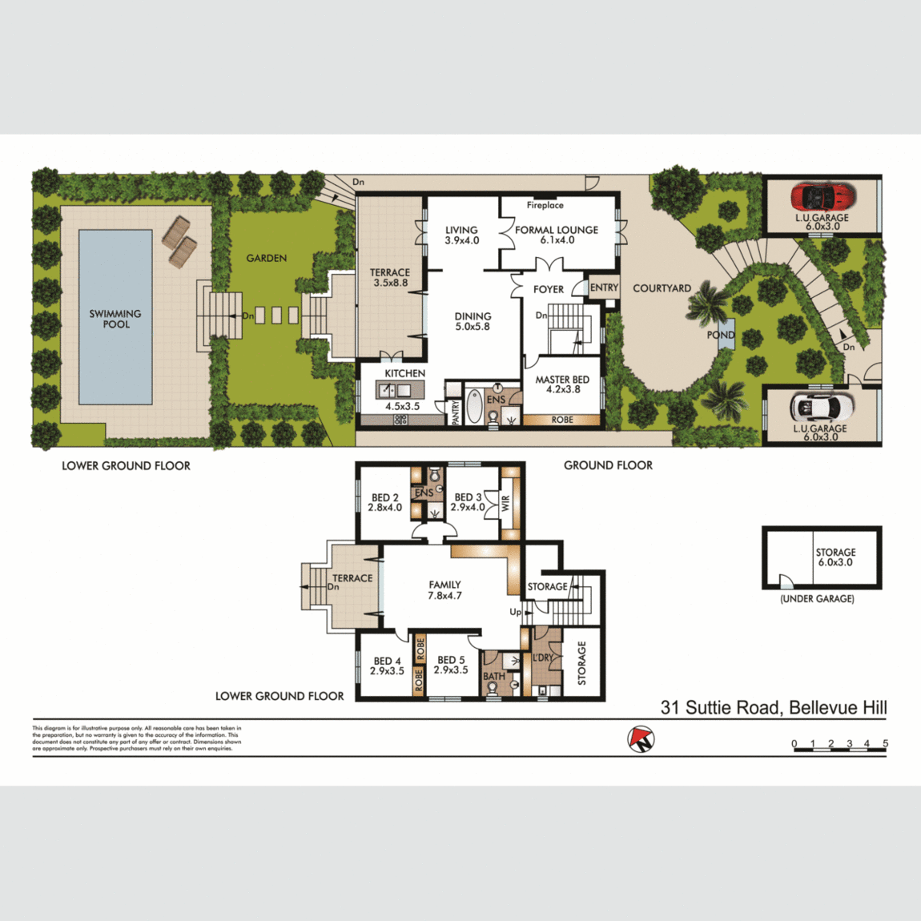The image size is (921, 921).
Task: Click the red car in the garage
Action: (x=822, y=195)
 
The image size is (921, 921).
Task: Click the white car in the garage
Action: (x=822, y=407)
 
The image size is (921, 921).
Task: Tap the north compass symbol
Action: (x=641, y=738)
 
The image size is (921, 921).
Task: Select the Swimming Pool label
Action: (x=115, y=319)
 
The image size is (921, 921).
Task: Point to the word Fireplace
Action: (x=545, y=206)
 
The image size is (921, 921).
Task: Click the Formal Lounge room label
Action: (x=557, y=230)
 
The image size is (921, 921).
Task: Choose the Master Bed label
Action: (x=562, y=380)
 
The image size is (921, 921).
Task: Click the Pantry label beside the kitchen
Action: (x=455, y=411)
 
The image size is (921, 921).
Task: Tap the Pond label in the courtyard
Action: (x=720, y=335)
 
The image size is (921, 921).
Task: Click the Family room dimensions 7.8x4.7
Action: (x=444, y=596)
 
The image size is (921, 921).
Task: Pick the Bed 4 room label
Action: (x=387, y=662)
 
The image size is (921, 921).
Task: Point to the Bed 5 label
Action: (x=451, y=661)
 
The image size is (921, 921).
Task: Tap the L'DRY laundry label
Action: (x=543, y=658)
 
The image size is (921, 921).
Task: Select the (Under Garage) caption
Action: (x=817, y=599)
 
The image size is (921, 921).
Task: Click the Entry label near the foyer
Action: (x=604, y=288)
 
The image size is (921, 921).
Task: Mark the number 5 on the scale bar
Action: (x=885, y=744)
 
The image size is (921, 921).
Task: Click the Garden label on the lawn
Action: (x=267, y=258)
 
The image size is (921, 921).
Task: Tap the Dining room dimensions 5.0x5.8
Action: (x=473, y=327)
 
